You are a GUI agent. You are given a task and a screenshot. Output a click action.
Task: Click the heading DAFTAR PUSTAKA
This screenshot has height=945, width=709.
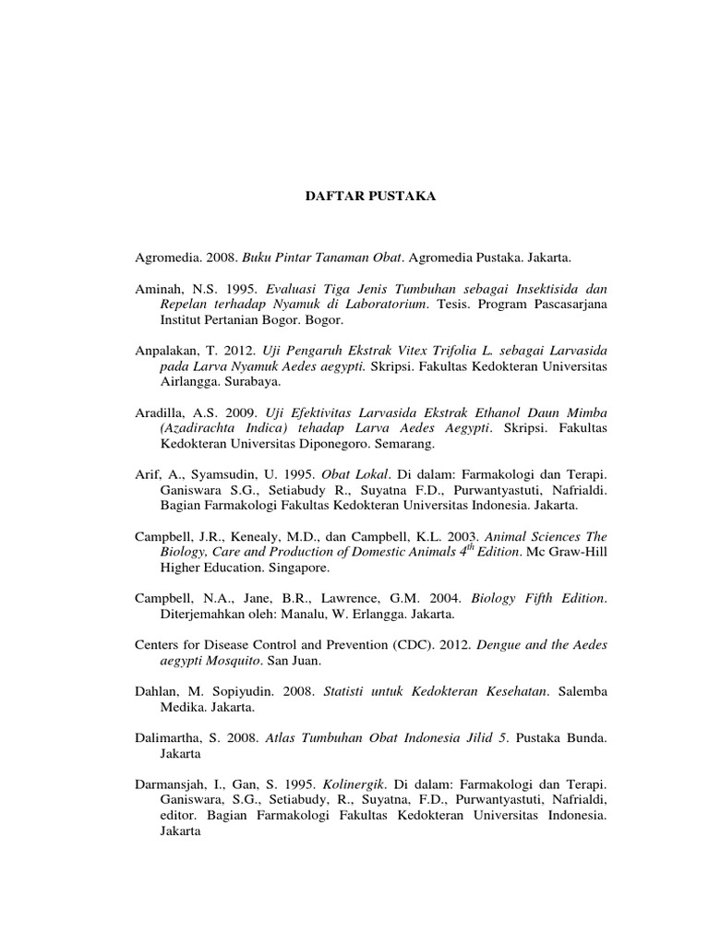(358, 197)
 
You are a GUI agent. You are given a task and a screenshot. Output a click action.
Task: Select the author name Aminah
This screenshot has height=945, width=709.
(159, 288)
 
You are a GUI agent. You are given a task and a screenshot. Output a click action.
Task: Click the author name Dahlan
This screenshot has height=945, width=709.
(158, 691)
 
